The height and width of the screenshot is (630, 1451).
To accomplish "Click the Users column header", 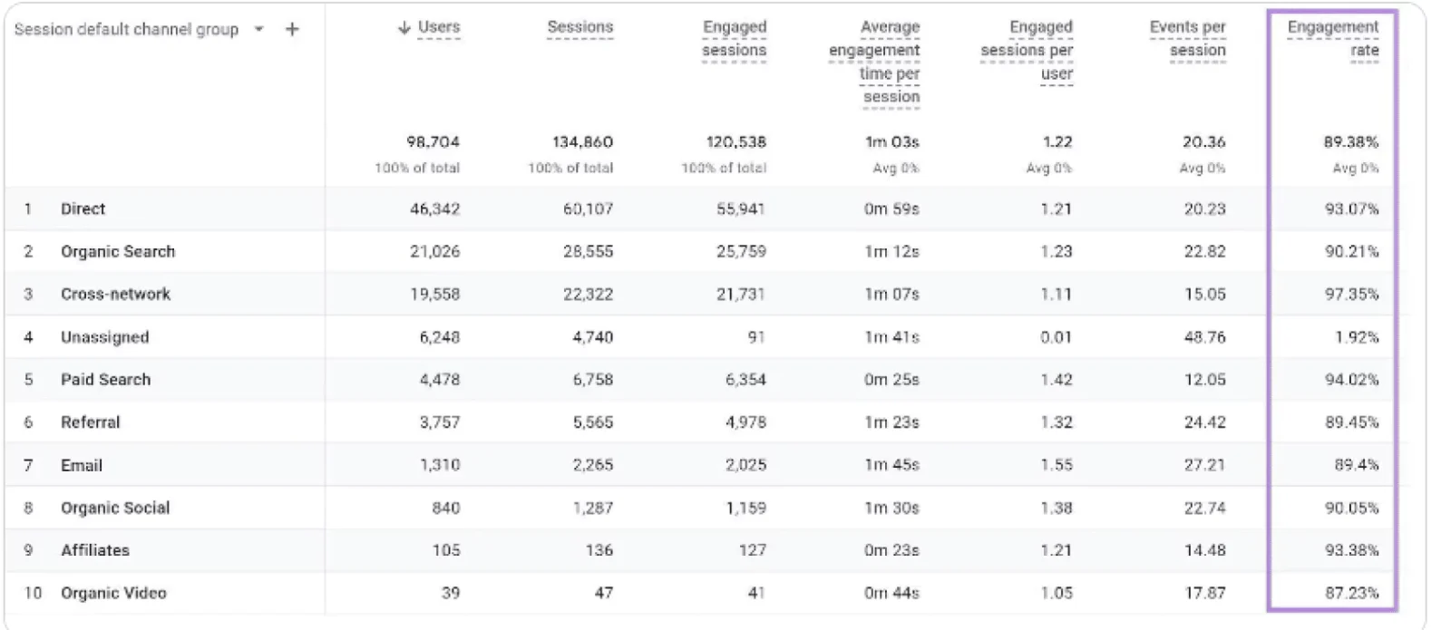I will tap(439, 28).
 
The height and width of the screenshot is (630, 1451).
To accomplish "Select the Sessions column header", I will tap(579, 28).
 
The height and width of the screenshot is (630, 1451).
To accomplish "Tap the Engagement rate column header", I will tap(1332, 39).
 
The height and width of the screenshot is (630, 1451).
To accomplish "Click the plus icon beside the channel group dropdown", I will tap(292, 30).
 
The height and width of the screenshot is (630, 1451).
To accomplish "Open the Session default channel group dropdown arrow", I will tap(259, 30).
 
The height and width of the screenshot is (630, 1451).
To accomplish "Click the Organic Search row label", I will tap(118, 252).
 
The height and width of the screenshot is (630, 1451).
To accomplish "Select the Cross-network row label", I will tap(115, 295).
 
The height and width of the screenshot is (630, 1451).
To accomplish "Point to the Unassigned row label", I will tap(104, 337).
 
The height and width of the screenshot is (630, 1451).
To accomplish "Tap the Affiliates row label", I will tap(95, 550).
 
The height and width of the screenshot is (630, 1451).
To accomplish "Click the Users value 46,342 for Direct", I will tap(434, 209).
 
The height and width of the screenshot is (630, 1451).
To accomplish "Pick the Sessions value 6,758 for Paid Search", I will tap(592, 380).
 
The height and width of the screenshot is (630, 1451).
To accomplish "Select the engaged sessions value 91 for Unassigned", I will tap(756, 337).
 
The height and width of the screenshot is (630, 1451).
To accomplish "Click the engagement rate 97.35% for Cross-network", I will tap(1351, 295).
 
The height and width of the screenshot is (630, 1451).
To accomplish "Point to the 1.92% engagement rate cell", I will tap(1357, 337).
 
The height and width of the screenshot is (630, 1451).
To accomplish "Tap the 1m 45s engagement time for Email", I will tap(891, 465).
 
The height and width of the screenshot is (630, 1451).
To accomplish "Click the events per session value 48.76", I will tap(1204, 337).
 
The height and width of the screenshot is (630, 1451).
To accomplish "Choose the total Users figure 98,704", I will tap(433, 142).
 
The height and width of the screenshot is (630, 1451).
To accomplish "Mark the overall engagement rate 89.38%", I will tap(1350, 142).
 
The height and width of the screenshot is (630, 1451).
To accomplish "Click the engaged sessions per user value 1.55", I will tap(1056, 465).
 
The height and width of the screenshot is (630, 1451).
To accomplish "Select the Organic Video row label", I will tap(113, 593).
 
